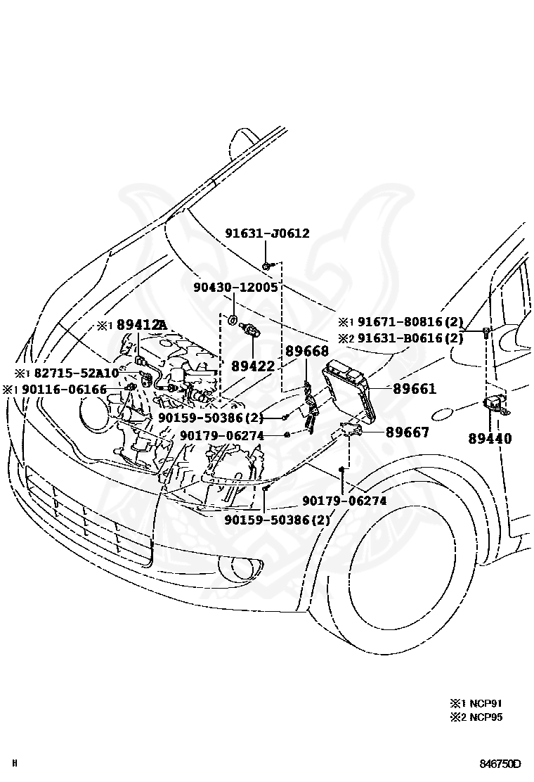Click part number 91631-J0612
click(267, 233)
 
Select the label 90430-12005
click(236, 288)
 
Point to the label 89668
click(306, 352)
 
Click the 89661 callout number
click(414, 388)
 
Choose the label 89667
click(407, 432)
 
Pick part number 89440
click(490, 438)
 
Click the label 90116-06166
click(64, 390)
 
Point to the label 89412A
click(141, 324)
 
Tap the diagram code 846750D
click(501, 764)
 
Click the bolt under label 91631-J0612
click(268, 265)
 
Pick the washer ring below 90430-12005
click(233, 321)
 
